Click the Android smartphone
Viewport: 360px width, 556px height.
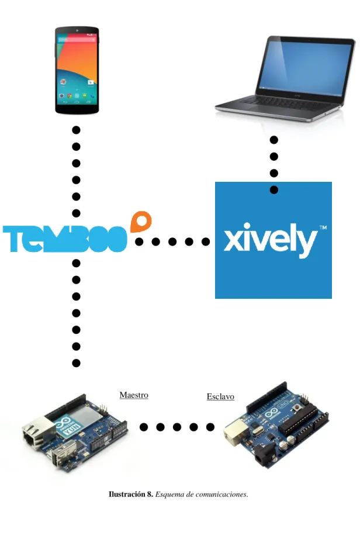pyautogui.click(x=77, y=70)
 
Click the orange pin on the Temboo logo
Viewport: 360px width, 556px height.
pyautogui.click(x=141, y=220)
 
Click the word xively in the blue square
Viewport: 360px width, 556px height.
pyautogui.click(x=270, y=240)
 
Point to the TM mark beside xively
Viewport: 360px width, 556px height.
pyautogui.click(x=323, y=227)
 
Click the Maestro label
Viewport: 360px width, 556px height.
pyautogui.click(x=134, y=395)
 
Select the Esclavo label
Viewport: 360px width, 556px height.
pyautogui.click(x=220, y=396)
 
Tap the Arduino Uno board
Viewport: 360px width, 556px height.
pyautogui.click(x=276, y=425)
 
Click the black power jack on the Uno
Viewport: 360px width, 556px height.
pyautogui.click(x=265, y=457)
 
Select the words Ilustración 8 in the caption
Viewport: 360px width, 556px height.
pyautogui.click(x=131, y=494)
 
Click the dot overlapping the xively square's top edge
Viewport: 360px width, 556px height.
pyautogui.click(x=274, y=189)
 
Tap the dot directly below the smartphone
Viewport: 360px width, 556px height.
pyautogui.click(x=76, y=130)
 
